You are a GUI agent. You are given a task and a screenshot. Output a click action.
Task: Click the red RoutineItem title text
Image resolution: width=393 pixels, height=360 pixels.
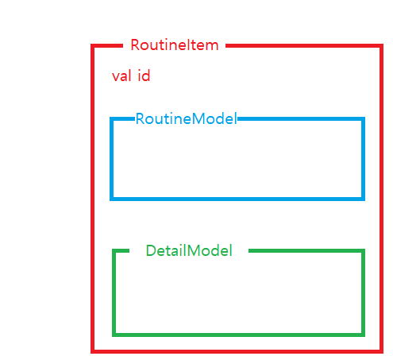[175, 45]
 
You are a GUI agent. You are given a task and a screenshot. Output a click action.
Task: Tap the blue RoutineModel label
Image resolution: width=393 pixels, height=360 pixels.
[186, 118]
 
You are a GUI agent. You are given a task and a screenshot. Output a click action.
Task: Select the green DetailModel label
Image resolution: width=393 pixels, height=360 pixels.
[189, 250]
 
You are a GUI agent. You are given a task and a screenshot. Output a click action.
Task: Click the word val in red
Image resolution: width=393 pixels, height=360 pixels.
[121, 75]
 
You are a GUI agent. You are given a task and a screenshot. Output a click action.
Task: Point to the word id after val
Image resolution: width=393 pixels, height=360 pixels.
[144, 75]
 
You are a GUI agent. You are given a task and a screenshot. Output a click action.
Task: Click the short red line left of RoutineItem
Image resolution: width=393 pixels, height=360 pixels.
[107, 46]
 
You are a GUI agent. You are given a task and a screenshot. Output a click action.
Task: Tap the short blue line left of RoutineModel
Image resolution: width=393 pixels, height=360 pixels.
[122, 119]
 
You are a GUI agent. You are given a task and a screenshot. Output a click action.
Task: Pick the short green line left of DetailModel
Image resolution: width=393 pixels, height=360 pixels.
[121, 250]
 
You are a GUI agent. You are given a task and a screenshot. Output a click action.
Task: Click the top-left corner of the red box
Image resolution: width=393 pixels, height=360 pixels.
[93, 46]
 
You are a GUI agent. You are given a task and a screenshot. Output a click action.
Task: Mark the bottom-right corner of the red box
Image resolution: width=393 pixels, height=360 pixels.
[381, 351]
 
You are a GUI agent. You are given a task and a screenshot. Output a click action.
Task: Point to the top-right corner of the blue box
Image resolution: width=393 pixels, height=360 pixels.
[363, 119]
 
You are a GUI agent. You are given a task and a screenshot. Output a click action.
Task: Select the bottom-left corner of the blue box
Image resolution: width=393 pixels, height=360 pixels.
[112, 199]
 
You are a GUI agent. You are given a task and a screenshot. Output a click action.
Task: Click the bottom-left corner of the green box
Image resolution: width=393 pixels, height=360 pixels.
[114, 335]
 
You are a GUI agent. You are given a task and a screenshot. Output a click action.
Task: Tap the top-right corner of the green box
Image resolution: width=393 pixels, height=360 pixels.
[363, 250]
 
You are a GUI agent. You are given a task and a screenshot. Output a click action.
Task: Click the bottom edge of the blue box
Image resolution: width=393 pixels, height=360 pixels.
[237, 199]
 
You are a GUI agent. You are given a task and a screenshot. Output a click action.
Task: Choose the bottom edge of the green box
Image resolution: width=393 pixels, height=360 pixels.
[239, 335]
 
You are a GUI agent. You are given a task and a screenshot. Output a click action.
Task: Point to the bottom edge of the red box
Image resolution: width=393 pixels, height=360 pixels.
[237, 351]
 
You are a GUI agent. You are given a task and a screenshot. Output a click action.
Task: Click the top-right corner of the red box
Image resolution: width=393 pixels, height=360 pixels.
[381, 46]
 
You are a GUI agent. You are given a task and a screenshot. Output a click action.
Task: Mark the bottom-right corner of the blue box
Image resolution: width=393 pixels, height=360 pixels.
[363, 199]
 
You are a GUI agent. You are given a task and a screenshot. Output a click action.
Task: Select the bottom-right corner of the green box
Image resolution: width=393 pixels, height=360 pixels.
[363, 335]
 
